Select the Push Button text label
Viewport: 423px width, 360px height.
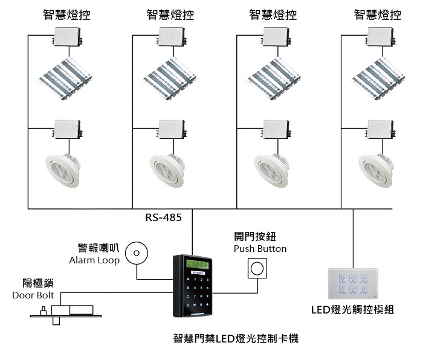(x=260, y=249)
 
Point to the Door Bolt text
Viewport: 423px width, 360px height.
(x=33, y=295)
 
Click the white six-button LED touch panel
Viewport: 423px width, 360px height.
(x=353, y=283)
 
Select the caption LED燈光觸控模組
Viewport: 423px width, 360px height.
(x=352, y=310)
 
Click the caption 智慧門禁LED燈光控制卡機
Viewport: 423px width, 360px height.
(x=235, y=339)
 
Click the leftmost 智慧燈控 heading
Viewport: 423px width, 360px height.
(x=67, y=14)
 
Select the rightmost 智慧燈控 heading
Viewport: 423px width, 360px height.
(x=377, y=14)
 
